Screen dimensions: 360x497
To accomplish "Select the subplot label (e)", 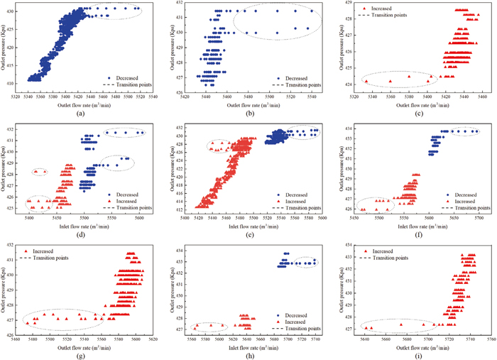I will [250, 234].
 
